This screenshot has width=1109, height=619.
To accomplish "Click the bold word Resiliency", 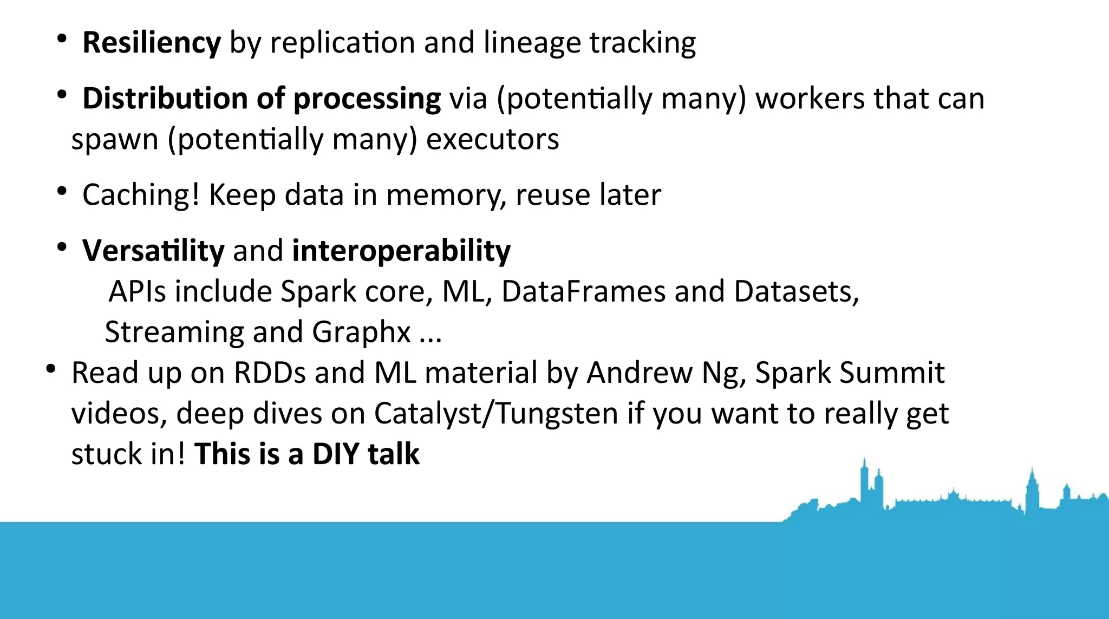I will [152, 43].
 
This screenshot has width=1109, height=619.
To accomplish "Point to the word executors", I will [492, 140].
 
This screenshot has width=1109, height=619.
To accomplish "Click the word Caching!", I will [141, 195].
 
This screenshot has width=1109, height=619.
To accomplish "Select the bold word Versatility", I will [153, 251].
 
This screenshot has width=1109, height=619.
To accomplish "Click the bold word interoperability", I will [401, 251].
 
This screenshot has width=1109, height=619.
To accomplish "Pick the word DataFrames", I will [583, 292].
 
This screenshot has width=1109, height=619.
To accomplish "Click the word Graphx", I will [361, 332].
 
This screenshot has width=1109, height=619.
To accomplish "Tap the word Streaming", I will [174, 332].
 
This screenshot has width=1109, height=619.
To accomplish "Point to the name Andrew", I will [640, 373].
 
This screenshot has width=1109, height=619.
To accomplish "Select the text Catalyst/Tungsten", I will [496, 414].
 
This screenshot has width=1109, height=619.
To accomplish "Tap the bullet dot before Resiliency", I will [62, 38].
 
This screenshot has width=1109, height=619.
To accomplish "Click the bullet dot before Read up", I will [51, 369].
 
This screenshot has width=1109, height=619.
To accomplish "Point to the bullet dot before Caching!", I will [62, 191].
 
